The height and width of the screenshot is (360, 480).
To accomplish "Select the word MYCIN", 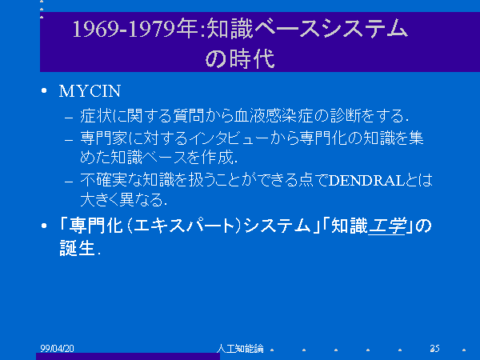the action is [x=90, y=91].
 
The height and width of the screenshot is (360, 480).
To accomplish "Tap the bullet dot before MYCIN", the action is [x=44, y=90].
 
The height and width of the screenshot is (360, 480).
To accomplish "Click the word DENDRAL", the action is [x=366, y=181].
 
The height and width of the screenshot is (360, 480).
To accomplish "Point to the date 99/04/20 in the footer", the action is [x=57, y=348].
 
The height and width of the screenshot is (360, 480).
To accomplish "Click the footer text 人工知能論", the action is [x=240, y=348].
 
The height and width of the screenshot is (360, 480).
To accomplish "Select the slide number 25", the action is [x=434, y=348].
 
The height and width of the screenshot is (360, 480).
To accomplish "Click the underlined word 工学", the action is [x=387, y=226].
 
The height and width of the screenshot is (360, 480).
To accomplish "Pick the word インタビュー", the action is [x=229, y=138].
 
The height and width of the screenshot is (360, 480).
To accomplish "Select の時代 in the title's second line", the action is [x=240, y=58].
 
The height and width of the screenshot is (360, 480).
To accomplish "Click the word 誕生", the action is [x=77, y=248].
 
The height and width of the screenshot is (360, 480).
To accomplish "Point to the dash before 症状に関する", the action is [x=69, y=118].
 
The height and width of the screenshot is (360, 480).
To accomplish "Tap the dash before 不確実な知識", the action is [x=69, y=182].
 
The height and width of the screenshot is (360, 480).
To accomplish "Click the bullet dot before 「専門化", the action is [x=44, y=226].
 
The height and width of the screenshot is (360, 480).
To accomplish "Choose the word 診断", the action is [x=346, y=116].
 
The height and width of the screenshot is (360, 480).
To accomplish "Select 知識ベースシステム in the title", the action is [x=307, y=29].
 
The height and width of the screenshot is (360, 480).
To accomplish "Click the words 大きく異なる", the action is [x=122, y=199].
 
